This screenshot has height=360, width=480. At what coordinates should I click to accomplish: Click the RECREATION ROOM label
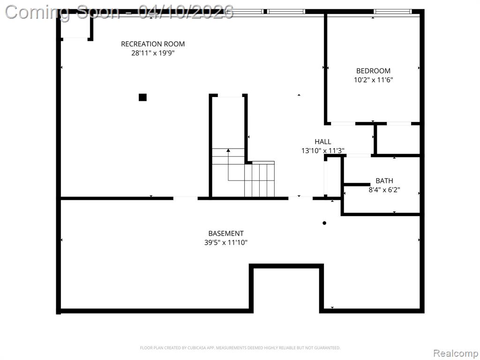click(x=153, y=44)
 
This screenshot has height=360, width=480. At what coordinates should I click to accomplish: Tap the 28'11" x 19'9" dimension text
click(x=153, y=53)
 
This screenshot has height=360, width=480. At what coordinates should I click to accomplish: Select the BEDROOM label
click(x=373, y=71)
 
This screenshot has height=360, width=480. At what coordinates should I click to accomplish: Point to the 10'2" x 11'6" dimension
click(x=373, y=80)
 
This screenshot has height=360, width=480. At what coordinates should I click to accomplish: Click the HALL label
click(x=322, y=142)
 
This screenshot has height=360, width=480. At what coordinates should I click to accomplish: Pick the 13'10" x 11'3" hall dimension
click(x=322, y=150)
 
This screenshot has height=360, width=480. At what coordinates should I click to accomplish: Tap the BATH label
click(x=384, y=181)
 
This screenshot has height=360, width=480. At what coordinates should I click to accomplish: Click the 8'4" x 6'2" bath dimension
click(x=384, y=190)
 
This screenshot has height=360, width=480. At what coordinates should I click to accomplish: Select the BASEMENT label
click(x=226, y=233)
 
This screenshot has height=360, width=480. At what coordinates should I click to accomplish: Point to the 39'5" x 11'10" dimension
click(x=226, y=243)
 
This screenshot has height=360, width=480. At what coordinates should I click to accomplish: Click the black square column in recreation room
click(x=142, y=97)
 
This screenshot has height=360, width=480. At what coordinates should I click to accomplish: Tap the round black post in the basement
click(x=324, y=223)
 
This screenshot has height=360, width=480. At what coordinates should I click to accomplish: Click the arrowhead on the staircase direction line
click(x=228, y=150)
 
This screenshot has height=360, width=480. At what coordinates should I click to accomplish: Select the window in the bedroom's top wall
click(x=392, y=12)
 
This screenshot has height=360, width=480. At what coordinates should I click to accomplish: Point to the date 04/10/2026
click(x=186, y=12)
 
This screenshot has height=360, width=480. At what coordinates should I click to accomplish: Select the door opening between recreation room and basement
click(x=186, y=198)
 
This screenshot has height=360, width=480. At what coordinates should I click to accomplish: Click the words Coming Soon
click(x=62, y=13)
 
